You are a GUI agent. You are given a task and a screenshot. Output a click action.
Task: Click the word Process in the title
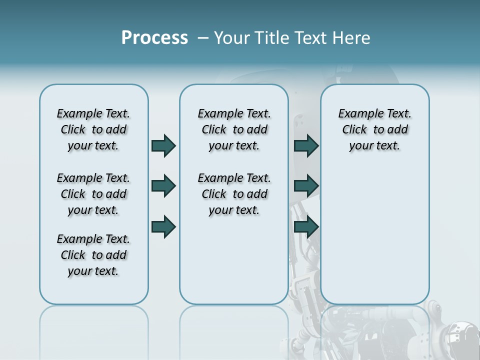click(154, 38)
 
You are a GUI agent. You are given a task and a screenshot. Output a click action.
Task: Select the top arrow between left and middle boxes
click(163, 145)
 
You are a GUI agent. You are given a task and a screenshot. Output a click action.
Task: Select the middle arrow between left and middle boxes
click(163, 186)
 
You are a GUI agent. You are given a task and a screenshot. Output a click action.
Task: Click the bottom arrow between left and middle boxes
click(163, 226)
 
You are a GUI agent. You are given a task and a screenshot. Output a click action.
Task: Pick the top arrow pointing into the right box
click(306, 145)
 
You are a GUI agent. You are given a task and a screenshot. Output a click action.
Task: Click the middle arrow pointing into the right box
click(306, 186)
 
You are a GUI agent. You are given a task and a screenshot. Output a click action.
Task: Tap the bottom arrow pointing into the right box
click(306, 226)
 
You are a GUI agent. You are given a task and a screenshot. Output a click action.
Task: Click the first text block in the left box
click(93, 129)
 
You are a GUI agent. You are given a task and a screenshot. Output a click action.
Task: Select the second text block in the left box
click(93, 194)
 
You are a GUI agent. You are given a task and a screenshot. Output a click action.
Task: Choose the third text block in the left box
click(93, 255)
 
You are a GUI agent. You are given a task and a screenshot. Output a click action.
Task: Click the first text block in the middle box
click(234, 129)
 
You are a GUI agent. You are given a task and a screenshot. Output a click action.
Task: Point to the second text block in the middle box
click(234, 194)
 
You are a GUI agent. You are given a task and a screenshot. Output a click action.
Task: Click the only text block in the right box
click(375, 129)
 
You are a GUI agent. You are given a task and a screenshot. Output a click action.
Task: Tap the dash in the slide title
click(203, 38)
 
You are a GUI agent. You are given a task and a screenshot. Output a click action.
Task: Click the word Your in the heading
click(231, 38)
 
